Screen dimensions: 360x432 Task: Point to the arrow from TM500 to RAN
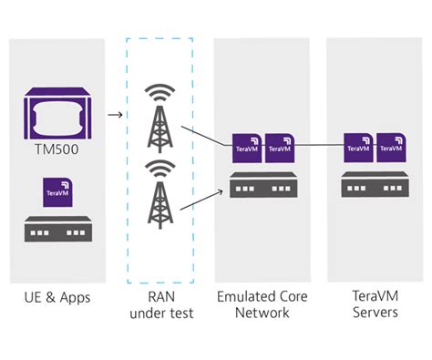116,114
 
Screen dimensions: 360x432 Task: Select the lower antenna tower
161,202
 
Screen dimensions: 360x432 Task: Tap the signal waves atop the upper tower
161,94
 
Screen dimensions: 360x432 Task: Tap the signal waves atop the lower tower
161,170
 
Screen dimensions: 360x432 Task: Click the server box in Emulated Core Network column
262,186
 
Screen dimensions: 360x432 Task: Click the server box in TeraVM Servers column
374,186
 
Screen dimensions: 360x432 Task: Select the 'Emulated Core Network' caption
262,305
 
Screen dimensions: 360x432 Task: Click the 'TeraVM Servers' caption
374,305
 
